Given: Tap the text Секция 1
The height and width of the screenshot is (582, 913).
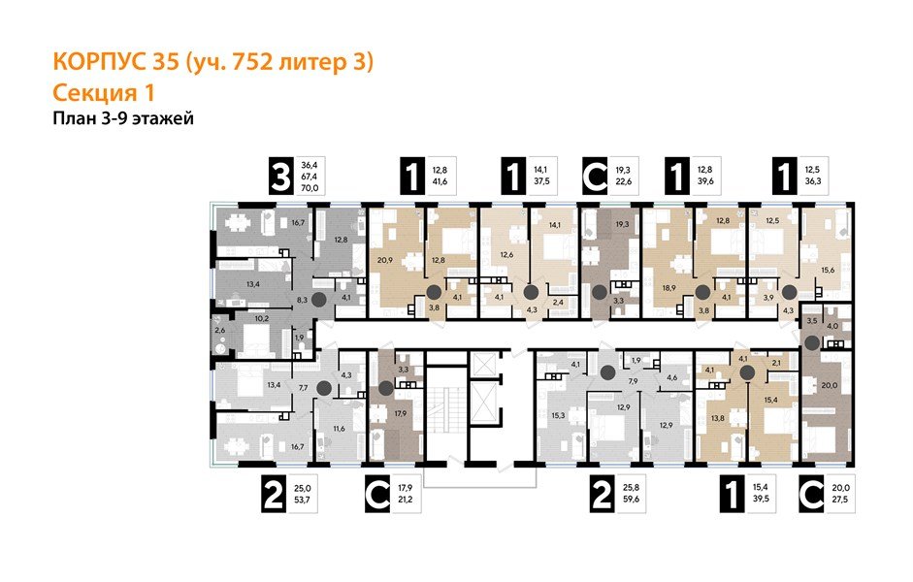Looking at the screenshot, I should (103, 93).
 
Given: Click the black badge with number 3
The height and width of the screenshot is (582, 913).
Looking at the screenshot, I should (281, 178).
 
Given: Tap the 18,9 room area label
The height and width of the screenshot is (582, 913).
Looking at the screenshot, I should (668, 289).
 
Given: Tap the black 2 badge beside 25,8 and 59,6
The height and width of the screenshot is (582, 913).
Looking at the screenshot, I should (602, 497).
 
